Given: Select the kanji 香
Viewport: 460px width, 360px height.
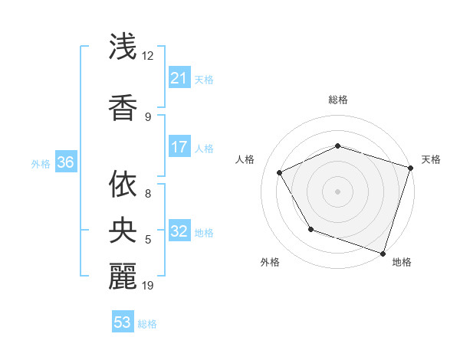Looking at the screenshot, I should [x=123, y=106].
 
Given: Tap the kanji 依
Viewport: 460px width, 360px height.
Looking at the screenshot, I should [x=123, y=185].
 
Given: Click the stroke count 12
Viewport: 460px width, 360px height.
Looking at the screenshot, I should [x=148, y=56].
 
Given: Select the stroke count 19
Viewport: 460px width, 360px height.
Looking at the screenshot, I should [x=148, y=286].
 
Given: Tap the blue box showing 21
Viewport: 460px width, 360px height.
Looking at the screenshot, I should [x=179, y=78].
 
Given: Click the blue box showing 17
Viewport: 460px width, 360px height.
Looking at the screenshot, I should [x=179, y=147].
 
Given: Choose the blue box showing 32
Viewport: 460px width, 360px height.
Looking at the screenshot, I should [x=179, y=231].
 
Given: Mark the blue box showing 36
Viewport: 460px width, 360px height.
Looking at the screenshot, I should [x=65, y=162].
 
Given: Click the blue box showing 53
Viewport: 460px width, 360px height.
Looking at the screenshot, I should [x=123, y=322].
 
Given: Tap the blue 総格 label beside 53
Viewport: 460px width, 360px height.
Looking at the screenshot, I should [x=147, y=324].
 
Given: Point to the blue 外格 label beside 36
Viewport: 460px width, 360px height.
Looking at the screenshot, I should [x=41, y=163].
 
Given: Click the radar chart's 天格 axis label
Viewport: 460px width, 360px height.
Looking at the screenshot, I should [x=431, y=159].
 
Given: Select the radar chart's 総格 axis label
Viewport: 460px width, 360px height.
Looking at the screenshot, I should [x=337, y=100].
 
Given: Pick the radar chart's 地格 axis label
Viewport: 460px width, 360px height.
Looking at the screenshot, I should [x=402, y=262].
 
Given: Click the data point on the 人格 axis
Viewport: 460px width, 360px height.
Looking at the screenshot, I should [x=279, y=172].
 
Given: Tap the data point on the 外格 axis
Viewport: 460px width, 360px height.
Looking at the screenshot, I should [x=310, y=229].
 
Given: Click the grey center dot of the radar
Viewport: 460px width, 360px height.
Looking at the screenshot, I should [x=337, y=191].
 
